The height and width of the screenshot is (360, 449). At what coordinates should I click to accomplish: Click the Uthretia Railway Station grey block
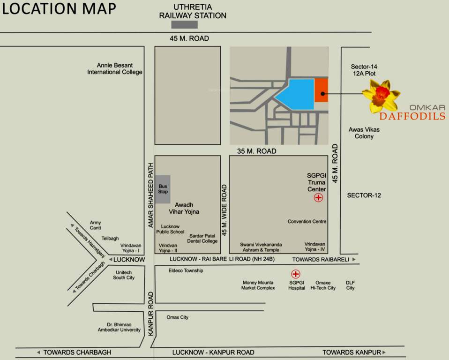click(184, 25)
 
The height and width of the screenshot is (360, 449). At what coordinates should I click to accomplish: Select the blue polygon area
click(298, 94)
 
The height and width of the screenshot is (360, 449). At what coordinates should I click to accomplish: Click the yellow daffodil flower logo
click(381, 96)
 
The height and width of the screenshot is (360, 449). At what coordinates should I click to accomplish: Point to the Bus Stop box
click(163, 189)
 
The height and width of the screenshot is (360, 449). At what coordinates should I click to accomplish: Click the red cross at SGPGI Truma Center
click(318, 198)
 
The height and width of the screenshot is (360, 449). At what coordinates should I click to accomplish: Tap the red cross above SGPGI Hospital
click(296, 274)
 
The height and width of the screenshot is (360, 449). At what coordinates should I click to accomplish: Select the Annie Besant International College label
click(115, 69)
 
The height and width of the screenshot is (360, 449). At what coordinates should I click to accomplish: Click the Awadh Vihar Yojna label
click(187, 208)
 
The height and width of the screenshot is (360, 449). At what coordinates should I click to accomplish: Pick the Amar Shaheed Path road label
click(151, 195)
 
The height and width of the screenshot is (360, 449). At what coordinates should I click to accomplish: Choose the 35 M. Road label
click(257, 151)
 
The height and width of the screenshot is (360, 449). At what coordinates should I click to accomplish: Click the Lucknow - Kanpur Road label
click(213, 352)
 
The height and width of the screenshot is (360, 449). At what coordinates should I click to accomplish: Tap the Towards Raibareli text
click(321, 259)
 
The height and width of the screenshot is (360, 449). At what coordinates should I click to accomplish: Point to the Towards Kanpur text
click(352, 352)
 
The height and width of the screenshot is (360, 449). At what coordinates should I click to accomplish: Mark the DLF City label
click(351, 285)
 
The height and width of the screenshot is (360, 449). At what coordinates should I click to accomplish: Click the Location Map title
click(59, 9)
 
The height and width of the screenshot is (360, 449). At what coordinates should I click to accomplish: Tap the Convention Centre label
click(307, 221)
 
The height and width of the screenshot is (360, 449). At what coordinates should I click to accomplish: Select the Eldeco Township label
click(186, 270)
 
